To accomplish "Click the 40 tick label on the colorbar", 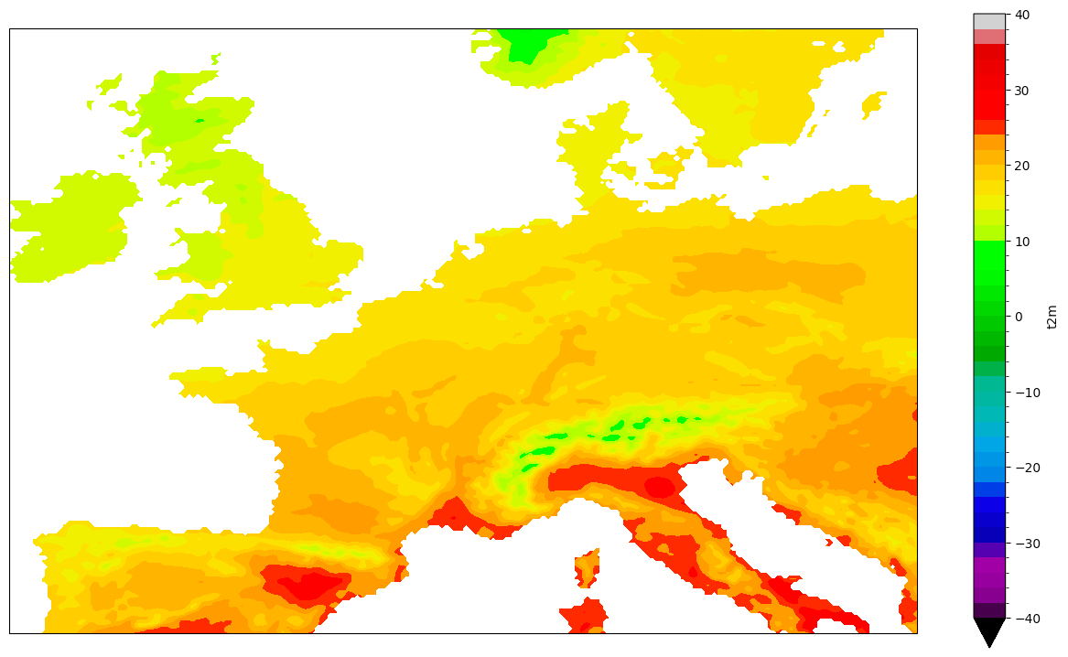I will click(1021, 15).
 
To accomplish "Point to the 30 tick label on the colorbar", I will click(1021, 91).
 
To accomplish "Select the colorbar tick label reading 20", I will click(1021, 166).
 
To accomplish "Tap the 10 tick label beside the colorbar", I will click(1021, 242).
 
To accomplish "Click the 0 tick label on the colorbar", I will click(1018, 317).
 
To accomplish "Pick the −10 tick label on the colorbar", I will click(1025, 393).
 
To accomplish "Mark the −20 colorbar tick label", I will click(1025, 468).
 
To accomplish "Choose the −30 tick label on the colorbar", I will click(1025, 544).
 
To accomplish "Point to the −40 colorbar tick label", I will click(1025, 619).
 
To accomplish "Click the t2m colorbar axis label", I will click(1052, 317).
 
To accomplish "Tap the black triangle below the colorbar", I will click(989, 630).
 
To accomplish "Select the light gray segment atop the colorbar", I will click(989, 22).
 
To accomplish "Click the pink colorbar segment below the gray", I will click(989, 37).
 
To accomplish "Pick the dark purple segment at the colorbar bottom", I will click(989, 610).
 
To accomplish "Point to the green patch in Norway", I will click(525, 44).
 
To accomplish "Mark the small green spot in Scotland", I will click(200, 120).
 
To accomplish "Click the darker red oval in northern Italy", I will click(659, 487).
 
